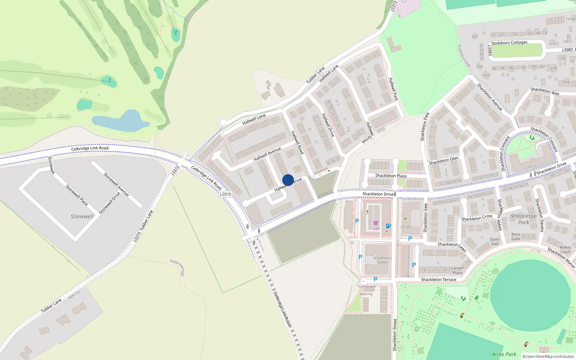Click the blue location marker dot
[x=288, y=180]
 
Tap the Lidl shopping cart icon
[x=375, y=223]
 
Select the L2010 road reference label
[x=226, y=194]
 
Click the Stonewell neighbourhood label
[x=82, y=216]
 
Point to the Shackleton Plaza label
[x=391, y=176]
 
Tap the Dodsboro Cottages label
[x=509, y=42]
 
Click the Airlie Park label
[x=504, y=354]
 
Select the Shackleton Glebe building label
[x=382, y=260]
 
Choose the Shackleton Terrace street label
[x=438, y=280]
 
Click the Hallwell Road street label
[x=297, y=143]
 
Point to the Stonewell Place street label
[x=77, y=195]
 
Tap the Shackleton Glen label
[x=444, y=161]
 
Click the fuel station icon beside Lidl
[x=388, y=226]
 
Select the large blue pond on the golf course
[x=122, y=122]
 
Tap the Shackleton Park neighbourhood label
[x=523, y=219]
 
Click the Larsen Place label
[x=458, y=270]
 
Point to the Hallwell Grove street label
[x=370, y=133]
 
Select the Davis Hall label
[x=495, y=241]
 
